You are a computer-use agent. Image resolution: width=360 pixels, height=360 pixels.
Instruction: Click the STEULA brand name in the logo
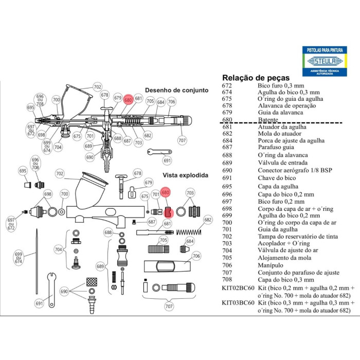point(325,61)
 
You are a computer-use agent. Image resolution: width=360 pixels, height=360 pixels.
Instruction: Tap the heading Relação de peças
point(256,78)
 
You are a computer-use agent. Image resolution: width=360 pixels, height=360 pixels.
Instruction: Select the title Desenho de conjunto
point(176,90)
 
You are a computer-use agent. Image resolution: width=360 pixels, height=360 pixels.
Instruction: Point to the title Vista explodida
point(186,175)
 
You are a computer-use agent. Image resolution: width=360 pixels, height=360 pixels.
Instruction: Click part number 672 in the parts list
point(227,86)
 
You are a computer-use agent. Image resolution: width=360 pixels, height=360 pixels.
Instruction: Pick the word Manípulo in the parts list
point(271,265)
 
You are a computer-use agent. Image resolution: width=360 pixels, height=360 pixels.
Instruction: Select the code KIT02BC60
point(238,288)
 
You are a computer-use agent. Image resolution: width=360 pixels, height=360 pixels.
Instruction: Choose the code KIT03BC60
point(238,303)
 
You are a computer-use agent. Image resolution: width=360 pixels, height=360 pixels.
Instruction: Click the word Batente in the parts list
point(268,120)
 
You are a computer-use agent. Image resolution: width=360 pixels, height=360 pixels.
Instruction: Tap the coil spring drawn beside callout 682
point(189,232)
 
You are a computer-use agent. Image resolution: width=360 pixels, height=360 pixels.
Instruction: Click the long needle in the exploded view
point(37,261)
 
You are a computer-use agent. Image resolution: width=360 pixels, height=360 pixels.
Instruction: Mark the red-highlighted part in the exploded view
point(169,212)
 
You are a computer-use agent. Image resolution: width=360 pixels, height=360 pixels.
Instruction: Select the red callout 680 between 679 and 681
point(128,100)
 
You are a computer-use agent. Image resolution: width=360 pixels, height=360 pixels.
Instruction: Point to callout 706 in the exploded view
point(196,256)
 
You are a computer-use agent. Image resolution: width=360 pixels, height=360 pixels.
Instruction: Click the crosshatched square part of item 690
point(92,282)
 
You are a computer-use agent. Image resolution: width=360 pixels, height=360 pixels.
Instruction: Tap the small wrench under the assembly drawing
point(159,152)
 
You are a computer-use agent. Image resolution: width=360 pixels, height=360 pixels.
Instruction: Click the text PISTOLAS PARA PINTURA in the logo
point(325,50)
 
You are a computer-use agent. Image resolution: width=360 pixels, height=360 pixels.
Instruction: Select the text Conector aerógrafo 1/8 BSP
point(295,170)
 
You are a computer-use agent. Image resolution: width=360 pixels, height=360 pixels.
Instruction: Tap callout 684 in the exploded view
point(190,241)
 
